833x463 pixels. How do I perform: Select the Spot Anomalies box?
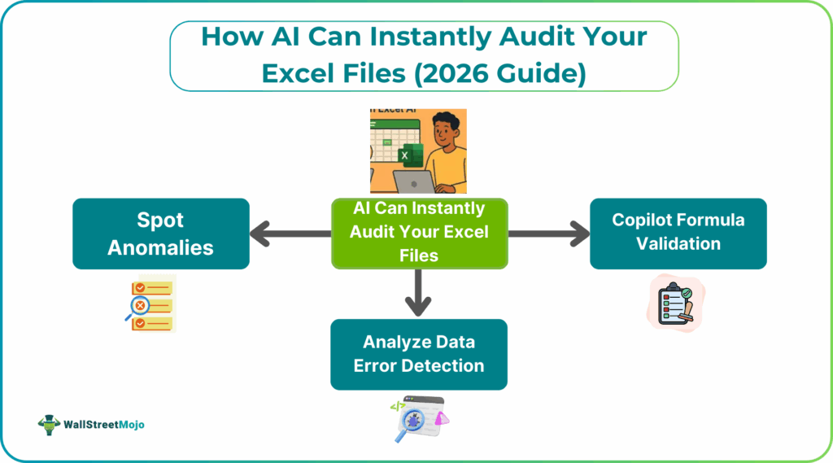161,234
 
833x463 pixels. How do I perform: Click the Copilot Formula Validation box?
678,234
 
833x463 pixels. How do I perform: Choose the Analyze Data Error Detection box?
418,354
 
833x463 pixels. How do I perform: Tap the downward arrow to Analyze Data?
418,293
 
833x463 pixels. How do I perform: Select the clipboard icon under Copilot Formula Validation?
677,302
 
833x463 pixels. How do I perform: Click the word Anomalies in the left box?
161,247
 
